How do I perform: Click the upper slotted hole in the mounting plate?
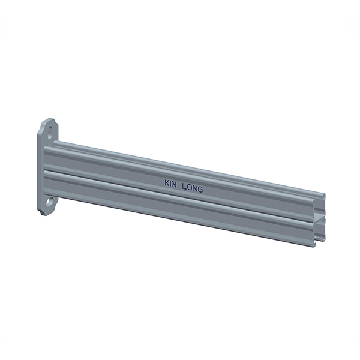pyautogui.click(x=50, y=133)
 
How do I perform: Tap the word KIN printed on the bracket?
pyautogui.click(x=170, y=183)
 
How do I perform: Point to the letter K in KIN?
pyautogui.click(x=166, y=182)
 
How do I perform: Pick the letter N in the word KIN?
pyautogui.click(x=175, y=184)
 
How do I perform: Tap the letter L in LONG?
pyautogui.click(x=184, y=187)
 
